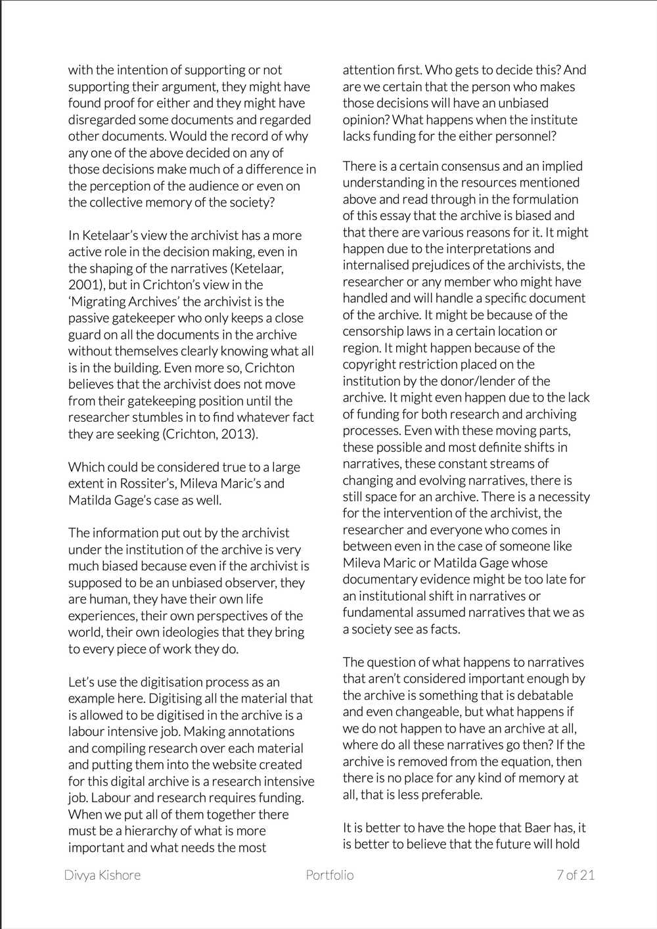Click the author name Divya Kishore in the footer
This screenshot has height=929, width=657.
[102, 874]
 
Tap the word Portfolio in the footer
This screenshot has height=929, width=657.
[330, 874]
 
